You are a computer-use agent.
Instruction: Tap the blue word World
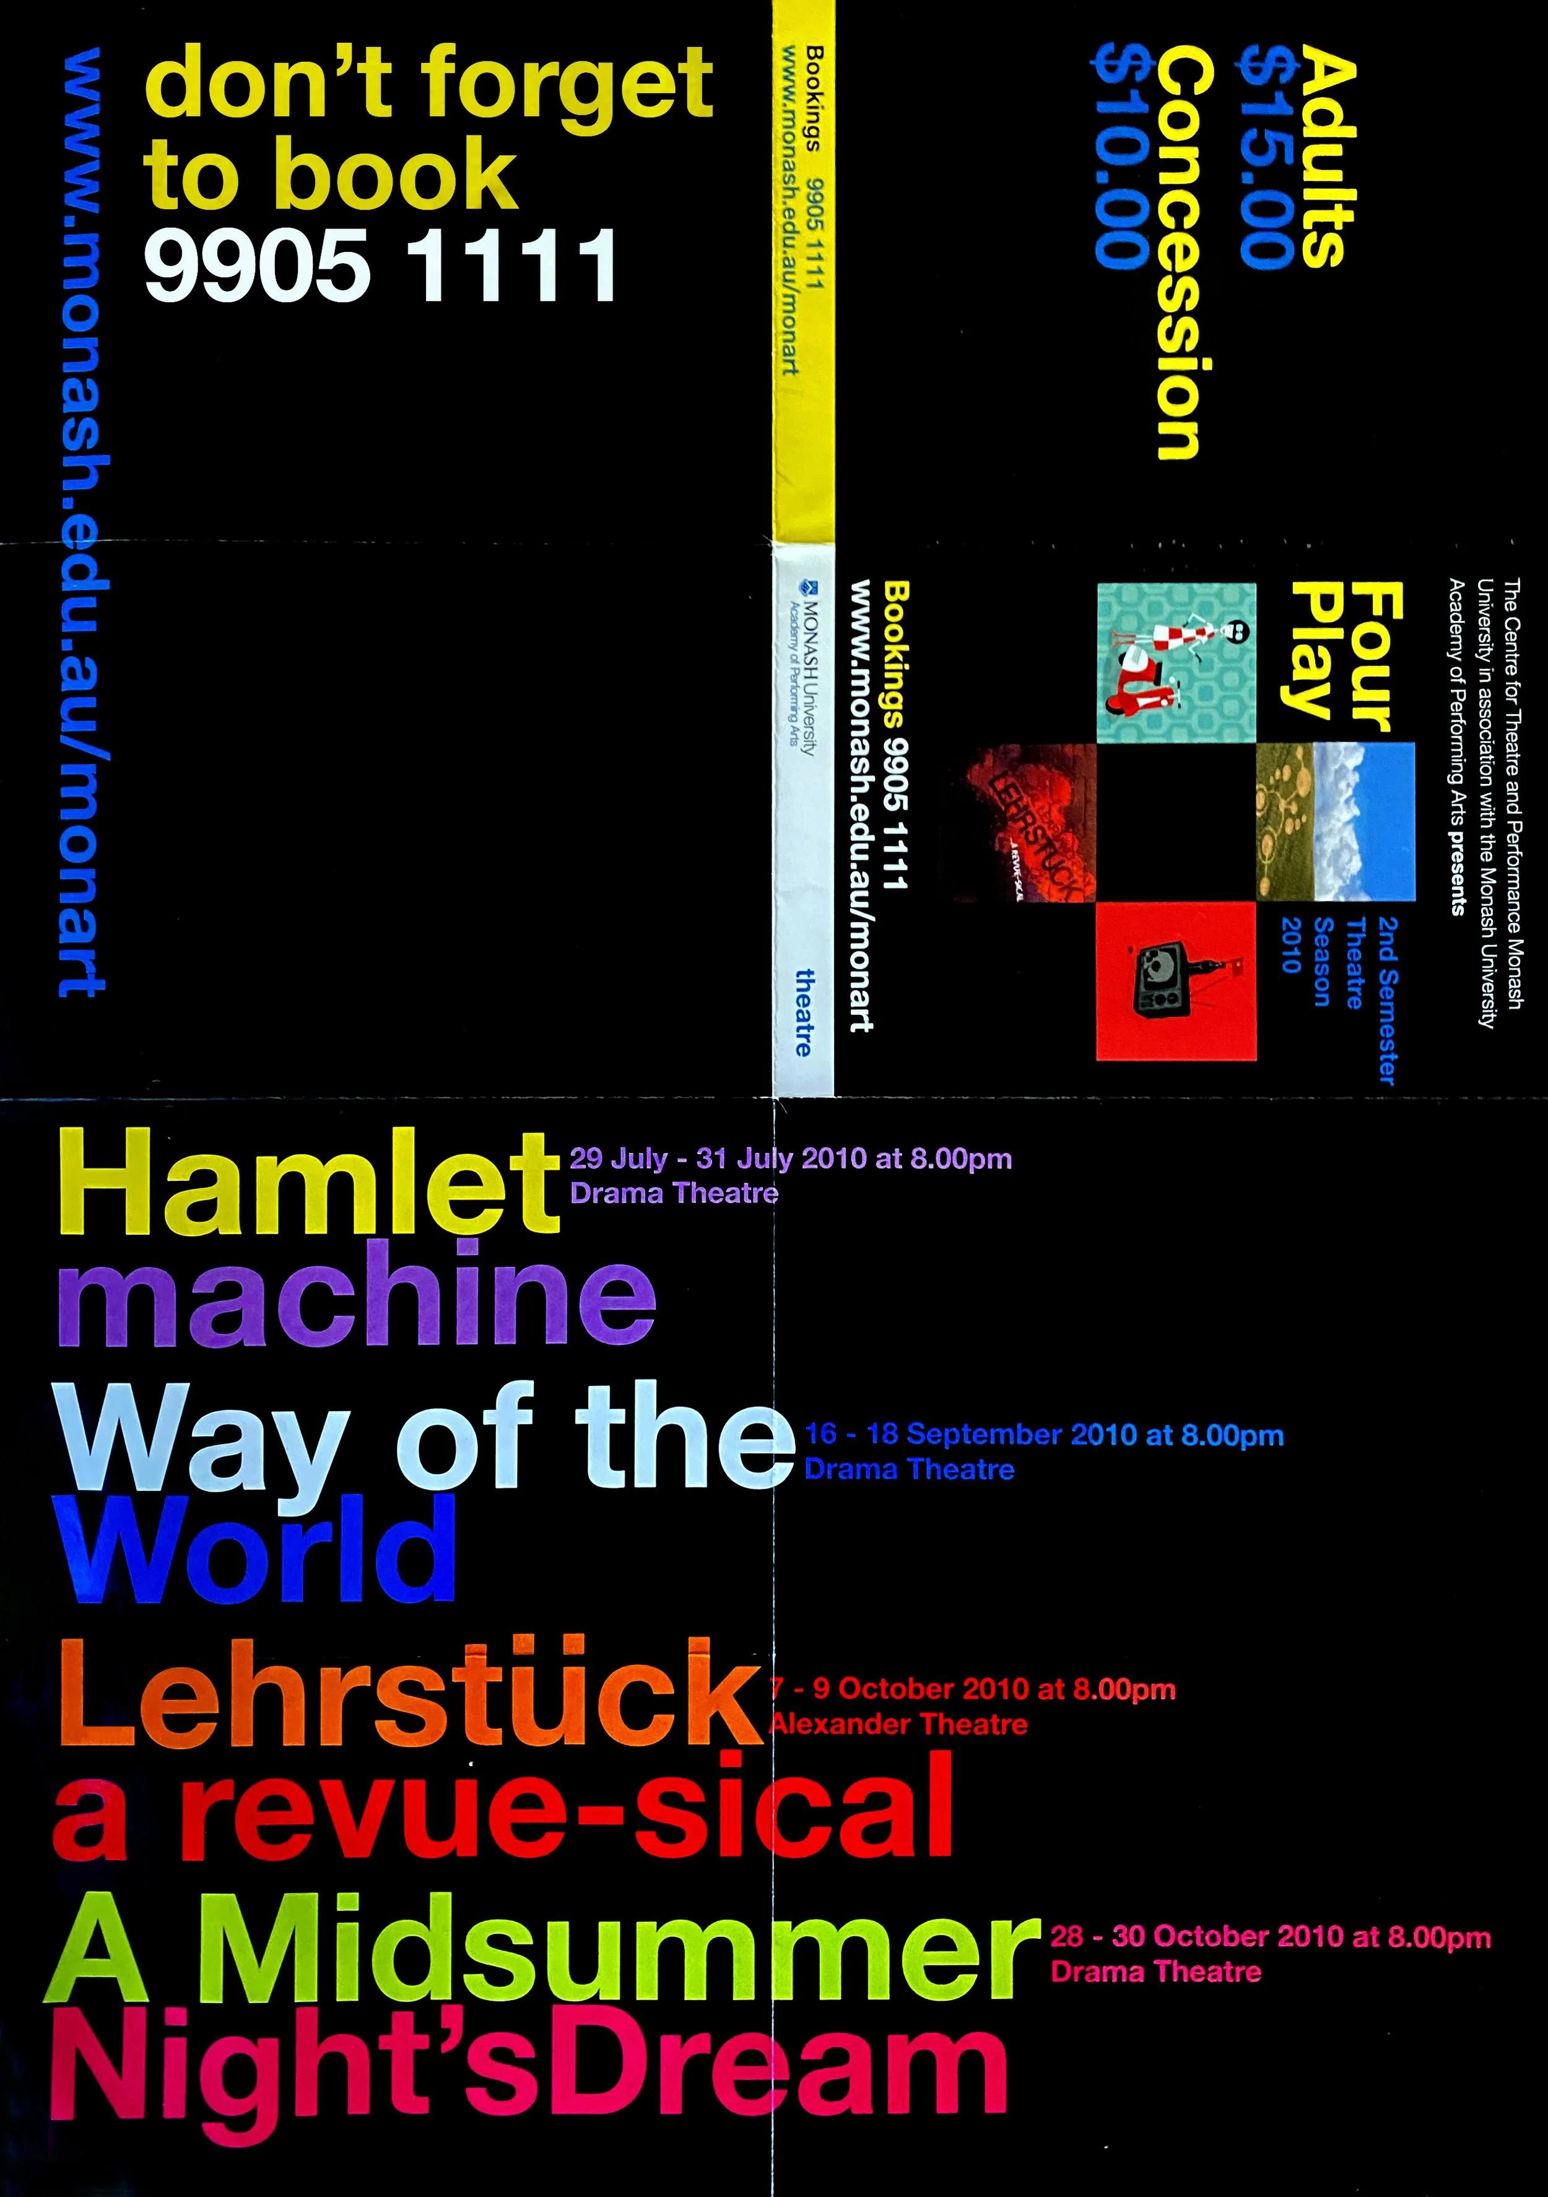[x=256, y=1550]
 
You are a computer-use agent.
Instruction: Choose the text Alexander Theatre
[x=899, y=1725]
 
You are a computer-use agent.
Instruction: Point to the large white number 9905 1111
[x=381, y=265]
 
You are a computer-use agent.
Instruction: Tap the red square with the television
[x=1175, y=981]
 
